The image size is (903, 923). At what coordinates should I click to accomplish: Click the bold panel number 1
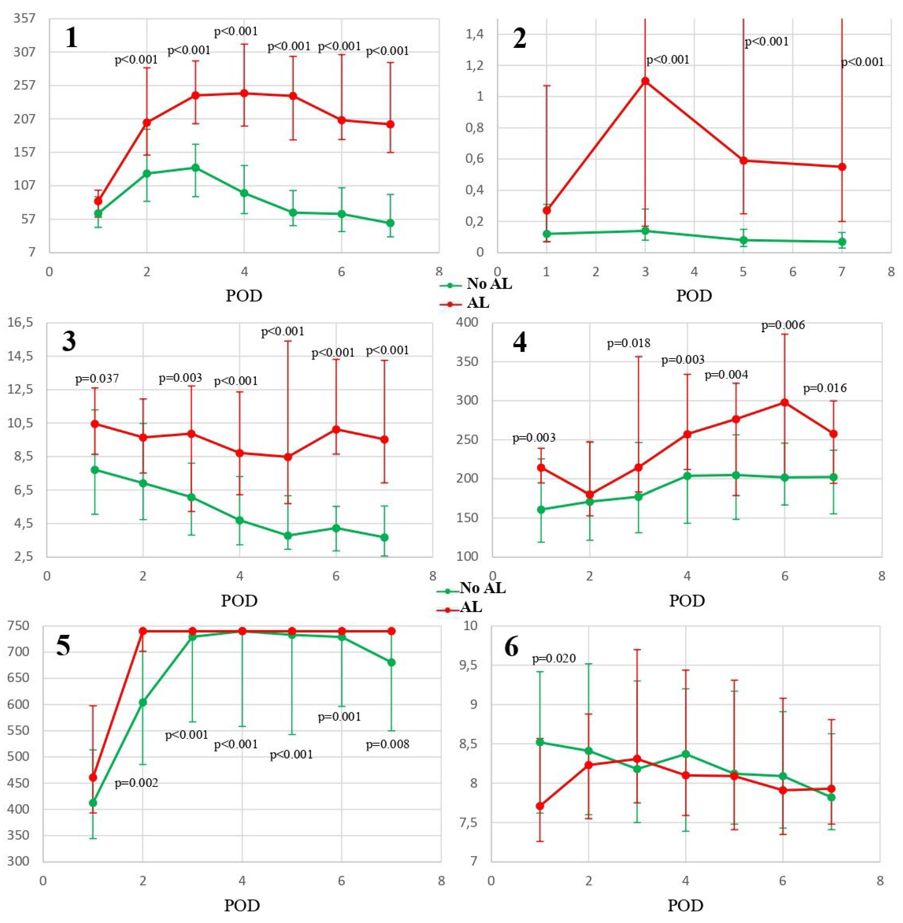coord(71,38)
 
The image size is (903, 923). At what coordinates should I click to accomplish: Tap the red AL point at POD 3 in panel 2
coord(645,81)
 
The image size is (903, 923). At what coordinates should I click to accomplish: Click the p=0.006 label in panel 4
coord(783,325)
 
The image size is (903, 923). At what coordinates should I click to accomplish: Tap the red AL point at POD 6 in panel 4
coord(785,403)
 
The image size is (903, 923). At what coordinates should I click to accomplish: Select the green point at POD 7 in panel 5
coord(391,662)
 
